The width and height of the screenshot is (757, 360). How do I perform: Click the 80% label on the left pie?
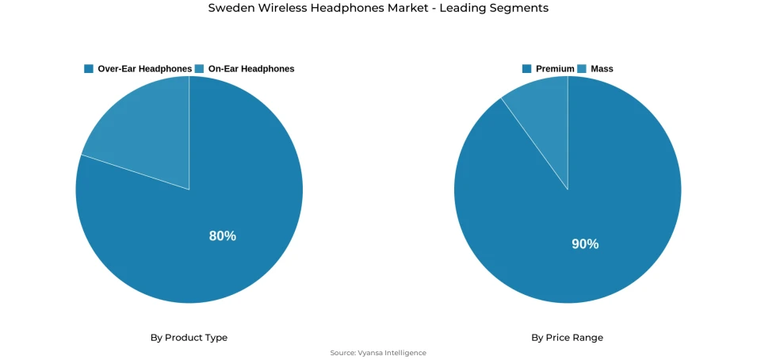pyautogui.click(x=222, y=236)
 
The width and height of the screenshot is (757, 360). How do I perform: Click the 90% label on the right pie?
pyautogui.click(x=585, y=244)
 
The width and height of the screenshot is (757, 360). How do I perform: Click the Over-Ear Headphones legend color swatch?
pyautogui.click(x=89, y=69)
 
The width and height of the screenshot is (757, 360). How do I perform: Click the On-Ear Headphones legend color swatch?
pyautogui.click(x=200, y=69)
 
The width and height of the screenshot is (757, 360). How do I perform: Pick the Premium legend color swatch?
pyautogui.click(x=527, y=69)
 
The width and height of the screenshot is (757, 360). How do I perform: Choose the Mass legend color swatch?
pyautogui.click(x=582, y=69)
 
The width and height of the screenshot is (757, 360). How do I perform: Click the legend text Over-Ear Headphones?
pyautogui.click(x=144, y=69)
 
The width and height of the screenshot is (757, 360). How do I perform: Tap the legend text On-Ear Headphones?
pyautogui.click(x=250, y=69)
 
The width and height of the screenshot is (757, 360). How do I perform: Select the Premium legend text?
pyautogui.click(x=555, y=69)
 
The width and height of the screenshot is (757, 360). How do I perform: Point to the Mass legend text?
pyautogui.click(x=602, y=69)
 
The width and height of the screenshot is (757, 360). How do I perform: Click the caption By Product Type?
pyautogui.click(x=189, y=338)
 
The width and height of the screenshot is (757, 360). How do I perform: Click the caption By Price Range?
pyautogui.click(x=567, y=338)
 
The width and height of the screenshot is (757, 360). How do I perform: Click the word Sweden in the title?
pyautogui.click(x=228, y=9)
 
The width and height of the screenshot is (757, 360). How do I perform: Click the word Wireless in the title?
pyautogui.click(x=279, y=9)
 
